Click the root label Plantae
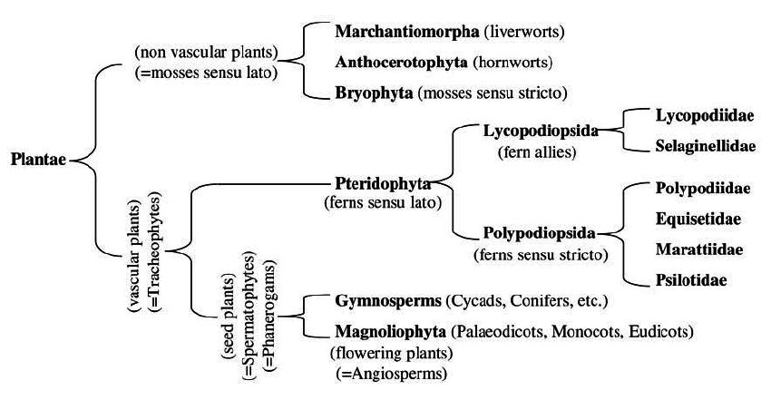tap(39, 161)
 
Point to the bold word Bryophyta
tap(369, 93)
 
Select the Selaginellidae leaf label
tap(699, 146)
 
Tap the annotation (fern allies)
tap(538, 151)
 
